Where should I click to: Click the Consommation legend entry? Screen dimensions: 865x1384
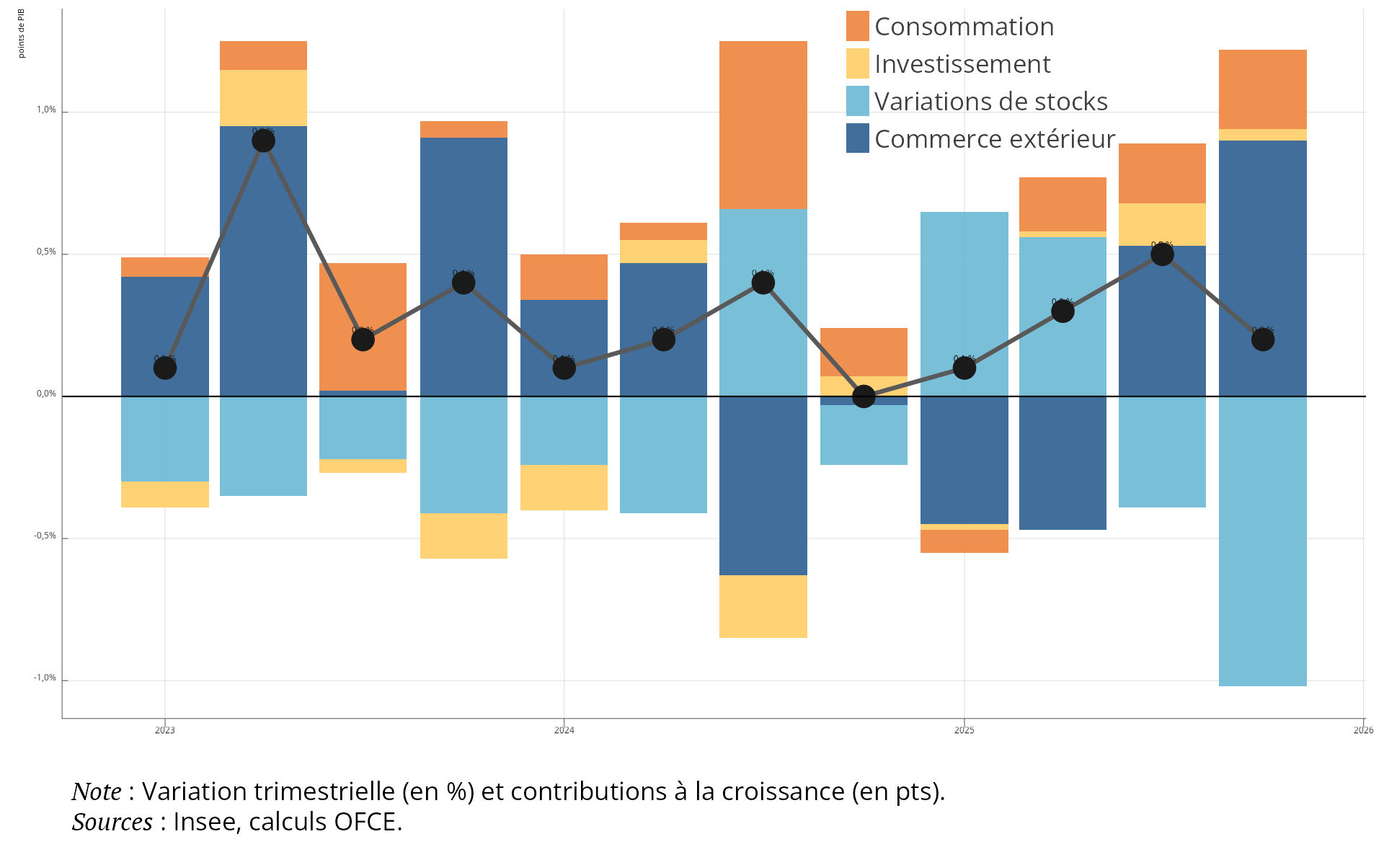click(x=964, y=27)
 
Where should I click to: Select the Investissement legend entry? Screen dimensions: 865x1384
click(x=962, y=64)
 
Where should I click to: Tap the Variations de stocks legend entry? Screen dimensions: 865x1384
click(x=990, y=102)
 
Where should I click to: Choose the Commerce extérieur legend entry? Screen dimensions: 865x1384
click(x=994, y=139)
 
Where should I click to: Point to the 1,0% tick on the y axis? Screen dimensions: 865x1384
click(x=46, y=110)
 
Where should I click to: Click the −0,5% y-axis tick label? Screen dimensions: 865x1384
click(x=45, y=536)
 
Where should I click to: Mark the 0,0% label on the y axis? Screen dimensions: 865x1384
click(x=46, y=394)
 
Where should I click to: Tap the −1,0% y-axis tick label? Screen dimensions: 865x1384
click(x=45, y=678)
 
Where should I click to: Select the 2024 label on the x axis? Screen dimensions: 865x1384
click(x=564, y=730)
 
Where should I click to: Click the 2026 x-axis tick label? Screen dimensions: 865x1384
click(x=1362, y=730)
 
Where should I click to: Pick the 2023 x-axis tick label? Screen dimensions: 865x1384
click(x=165, y=730)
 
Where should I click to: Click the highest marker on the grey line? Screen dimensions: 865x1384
click(x=264, y=141)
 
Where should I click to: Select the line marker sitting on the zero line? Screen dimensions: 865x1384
click(x=864, y=396)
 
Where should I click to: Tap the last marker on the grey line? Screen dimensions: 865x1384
click(x=1263, y=340)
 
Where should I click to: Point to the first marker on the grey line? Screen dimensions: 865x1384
click(x=165, y=368)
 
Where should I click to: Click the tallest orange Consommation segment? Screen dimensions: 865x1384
click(x=763, y=125)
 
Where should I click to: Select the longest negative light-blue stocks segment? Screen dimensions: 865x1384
click(x=1263, y=541)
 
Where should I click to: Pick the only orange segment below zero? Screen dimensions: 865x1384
click(x=964, y=541)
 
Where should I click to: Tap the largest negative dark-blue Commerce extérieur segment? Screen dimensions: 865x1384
click(x=763, y=486)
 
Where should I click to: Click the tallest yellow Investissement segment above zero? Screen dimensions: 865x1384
click(x=264, y=98)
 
